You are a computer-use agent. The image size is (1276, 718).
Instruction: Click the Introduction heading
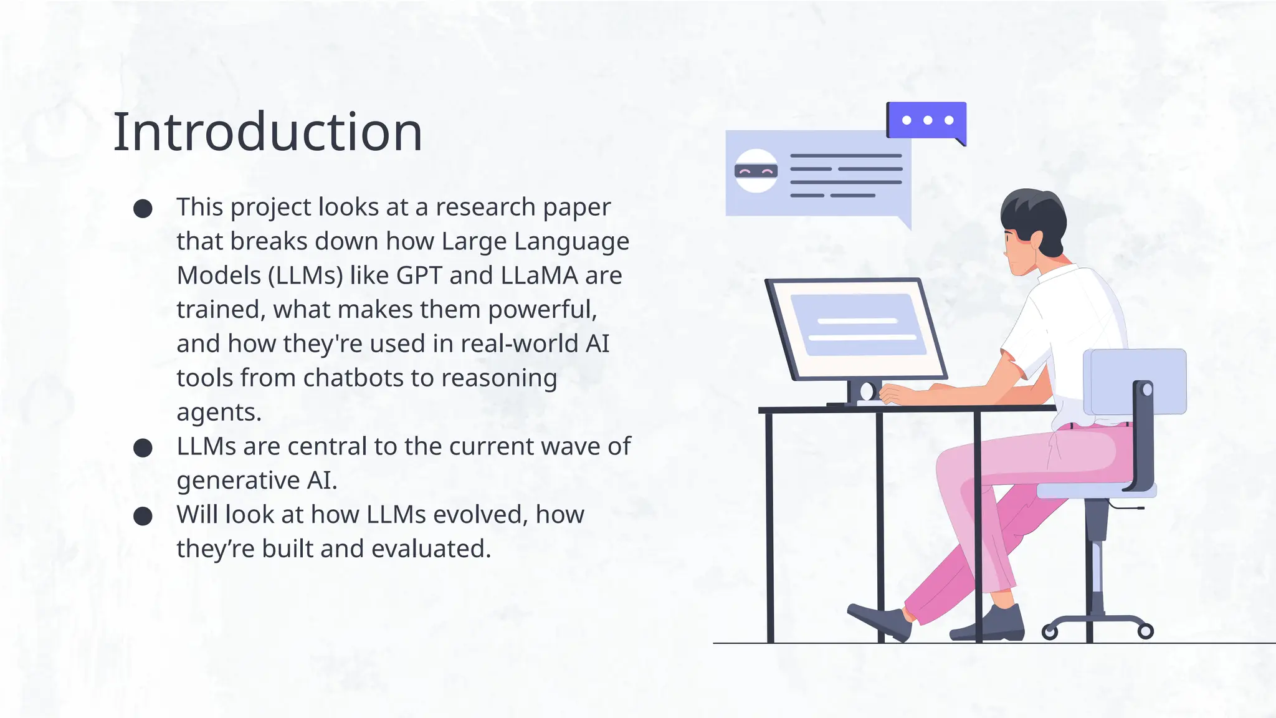click(267, 132)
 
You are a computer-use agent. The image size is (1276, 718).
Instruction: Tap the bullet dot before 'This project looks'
click(143, 208)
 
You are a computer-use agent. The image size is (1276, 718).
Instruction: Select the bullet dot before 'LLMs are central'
click(143, 448)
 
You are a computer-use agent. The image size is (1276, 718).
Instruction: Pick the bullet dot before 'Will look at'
click(143, 516)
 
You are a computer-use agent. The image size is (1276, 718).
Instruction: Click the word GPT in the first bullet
click(419, 275)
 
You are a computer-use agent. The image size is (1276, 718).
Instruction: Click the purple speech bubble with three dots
click(926, 120)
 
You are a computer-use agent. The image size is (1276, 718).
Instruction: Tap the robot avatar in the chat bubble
click(756, 171)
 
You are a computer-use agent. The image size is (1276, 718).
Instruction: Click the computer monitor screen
click(857, 329)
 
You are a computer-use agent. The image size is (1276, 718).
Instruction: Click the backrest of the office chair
click(1135, 381)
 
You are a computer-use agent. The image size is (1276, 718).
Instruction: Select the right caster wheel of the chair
click(1145, 631)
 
